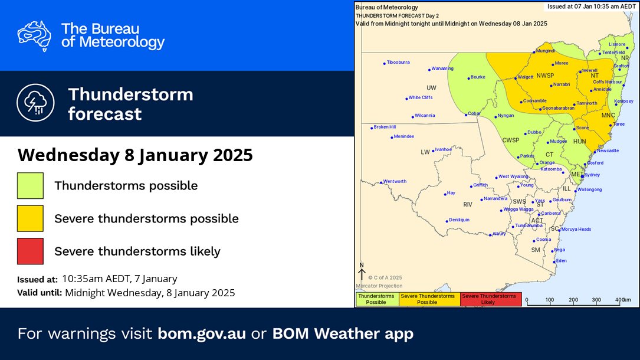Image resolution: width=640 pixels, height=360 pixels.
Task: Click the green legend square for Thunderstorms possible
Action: point(30,185)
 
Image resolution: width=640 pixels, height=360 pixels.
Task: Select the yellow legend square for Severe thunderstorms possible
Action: point(30,218)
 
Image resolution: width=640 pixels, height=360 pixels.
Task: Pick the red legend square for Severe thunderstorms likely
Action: point(30,251)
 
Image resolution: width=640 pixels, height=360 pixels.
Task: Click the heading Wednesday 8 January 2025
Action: point(135,155)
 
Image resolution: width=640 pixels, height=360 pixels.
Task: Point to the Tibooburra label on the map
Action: point(398,62)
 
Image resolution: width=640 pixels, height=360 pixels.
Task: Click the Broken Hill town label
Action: point(385,127)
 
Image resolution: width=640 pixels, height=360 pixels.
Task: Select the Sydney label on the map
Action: point(592,175)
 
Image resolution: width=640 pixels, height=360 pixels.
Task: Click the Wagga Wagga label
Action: point(518,210)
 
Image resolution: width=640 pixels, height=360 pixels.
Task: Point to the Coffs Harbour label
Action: point(606,81)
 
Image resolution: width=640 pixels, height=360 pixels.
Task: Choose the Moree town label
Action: point(562,63)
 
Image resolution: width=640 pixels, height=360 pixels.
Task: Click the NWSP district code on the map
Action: point(544,76)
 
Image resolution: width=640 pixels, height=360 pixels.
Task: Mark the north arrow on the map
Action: point(362,271)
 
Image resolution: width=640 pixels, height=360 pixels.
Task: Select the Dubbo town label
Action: point(534,132)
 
